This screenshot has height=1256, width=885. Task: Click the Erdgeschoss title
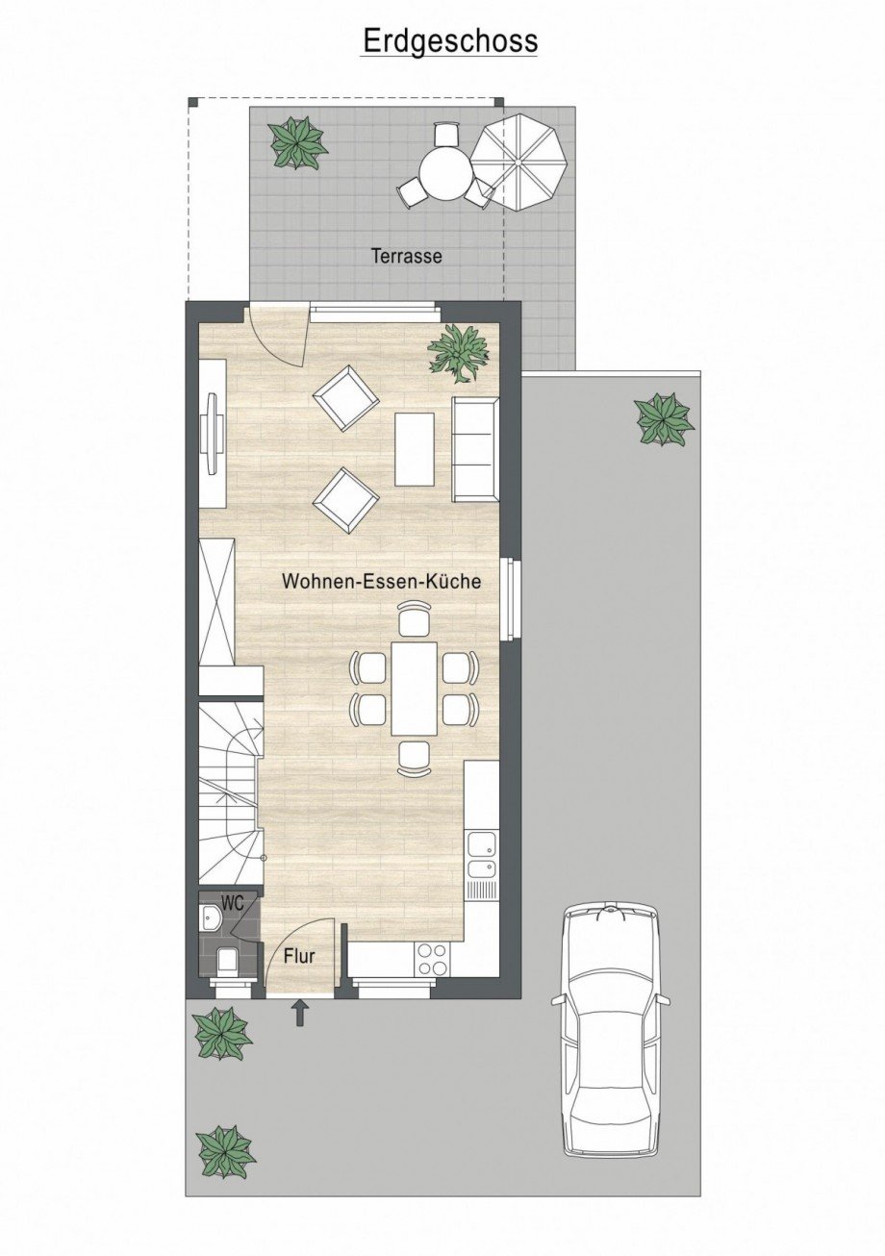[x=450, y=42]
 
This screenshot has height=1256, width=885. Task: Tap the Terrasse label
[x=407, y=256]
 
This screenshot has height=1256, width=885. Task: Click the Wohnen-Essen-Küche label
[x=381, y=581]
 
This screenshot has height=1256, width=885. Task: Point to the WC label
[x=233, y=903]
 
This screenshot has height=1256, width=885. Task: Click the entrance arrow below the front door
[x=301, y=1014]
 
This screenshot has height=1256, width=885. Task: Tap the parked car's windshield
[x=610, y=1029]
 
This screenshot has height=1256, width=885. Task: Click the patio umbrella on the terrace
[x=518, y=162]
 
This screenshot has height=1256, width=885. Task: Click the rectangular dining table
[x=414, y=690]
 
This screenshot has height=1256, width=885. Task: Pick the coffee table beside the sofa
[x=415, y=450]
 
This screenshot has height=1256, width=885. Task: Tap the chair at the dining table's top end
[x=414, y=618]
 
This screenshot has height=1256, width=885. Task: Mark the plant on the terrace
[x=297, y=142]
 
